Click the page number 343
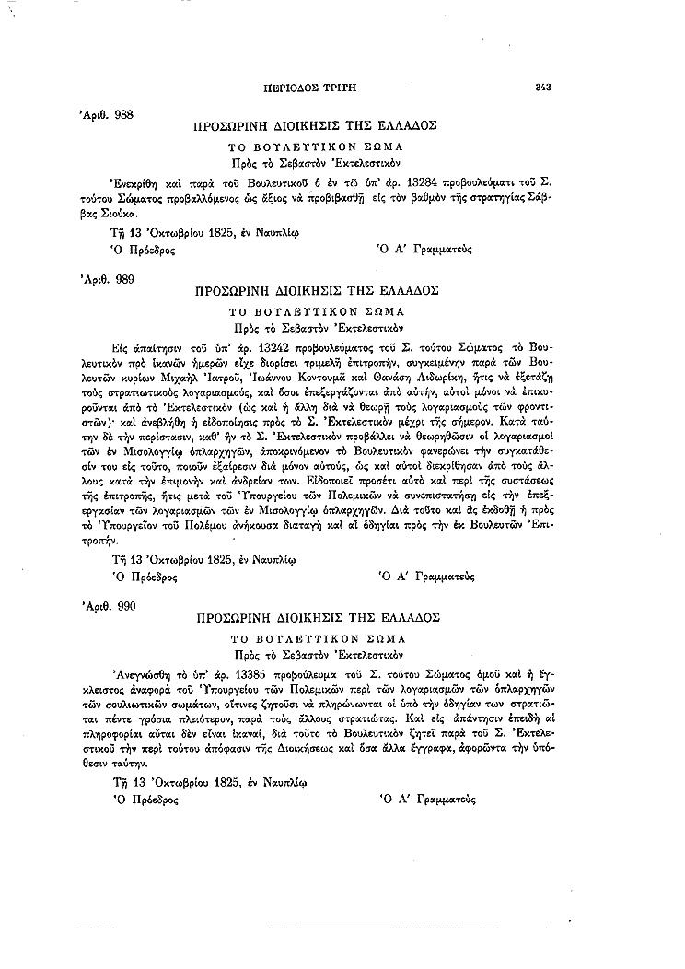[541, 88]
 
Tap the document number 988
[122, 114]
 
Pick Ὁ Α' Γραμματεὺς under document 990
[426, 800]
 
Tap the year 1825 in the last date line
[225, 783]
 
